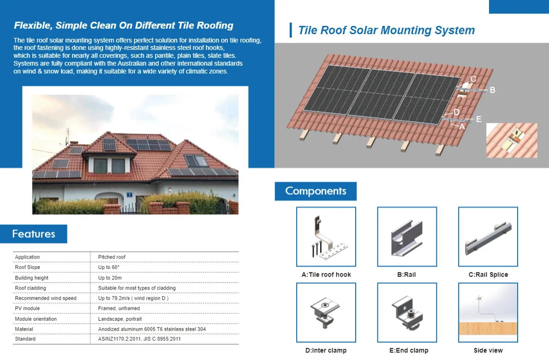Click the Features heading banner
(x=34, y=234)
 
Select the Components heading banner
(x=316, y=191)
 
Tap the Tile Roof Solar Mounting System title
(x=386, y=30)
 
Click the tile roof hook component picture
(x=326, y=237)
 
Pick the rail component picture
(x=406, y=237)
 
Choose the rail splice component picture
(x=488, y=237)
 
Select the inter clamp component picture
(x=326, y=312)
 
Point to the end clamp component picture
(x=406, y=312)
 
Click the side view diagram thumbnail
(x=488, y=312)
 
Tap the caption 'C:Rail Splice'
(x=488, y=275)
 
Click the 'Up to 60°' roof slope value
(x=109, y=267)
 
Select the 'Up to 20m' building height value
(x=110, y=278)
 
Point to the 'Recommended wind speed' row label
(x=46, y=298)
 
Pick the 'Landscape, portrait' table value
(x=120, y=319)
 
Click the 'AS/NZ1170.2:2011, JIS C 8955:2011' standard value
(x=139, y=339)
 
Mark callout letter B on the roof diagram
(x=492, y=90)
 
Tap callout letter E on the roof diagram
(x=478, y=119)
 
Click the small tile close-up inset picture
(x=512, y=140)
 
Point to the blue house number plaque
(x=130, y=194)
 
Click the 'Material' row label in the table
(x=24, y=329)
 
